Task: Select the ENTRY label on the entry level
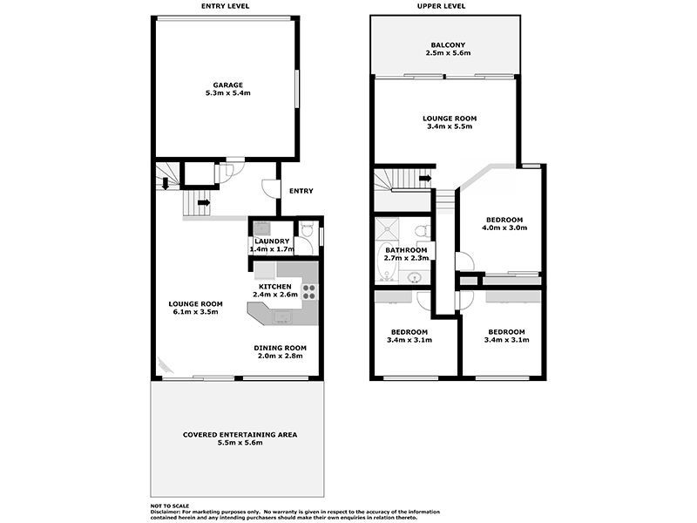[x=301, y=191]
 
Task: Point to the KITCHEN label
[x=275, y=286]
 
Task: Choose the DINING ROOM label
[x=280, y=348]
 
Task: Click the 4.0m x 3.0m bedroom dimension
[x=503, y=228]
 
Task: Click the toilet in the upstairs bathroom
[x=420, y=232]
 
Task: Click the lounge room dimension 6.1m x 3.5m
[x=193, y=312]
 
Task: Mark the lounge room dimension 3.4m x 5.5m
[x=450, y=127]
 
